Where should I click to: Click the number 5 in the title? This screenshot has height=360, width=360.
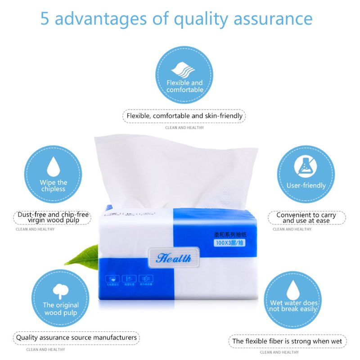(x=45, y=18)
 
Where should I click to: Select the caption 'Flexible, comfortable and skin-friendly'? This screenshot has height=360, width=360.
(x=184, y=116)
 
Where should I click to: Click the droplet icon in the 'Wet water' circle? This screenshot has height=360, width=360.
(x=293, y=288)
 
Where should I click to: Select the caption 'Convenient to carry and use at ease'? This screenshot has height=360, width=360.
(x=306, y=217)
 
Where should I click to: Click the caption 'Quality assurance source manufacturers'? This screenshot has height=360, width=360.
(x=76, y=337)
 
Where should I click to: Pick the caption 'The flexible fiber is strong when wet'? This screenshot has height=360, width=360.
(x=287, y=341)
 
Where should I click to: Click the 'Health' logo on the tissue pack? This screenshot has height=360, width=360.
(x=174, y=258)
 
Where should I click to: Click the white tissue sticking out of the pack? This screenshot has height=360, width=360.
(x=175, y=171)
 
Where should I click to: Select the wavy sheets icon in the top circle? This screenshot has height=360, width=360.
(x=184, y=70)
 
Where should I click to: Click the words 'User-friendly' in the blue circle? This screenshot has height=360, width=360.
(x=306, y=185)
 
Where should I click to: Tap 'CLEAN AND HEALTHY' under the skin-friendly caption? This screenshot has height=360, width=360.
(x=184, y=127)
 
